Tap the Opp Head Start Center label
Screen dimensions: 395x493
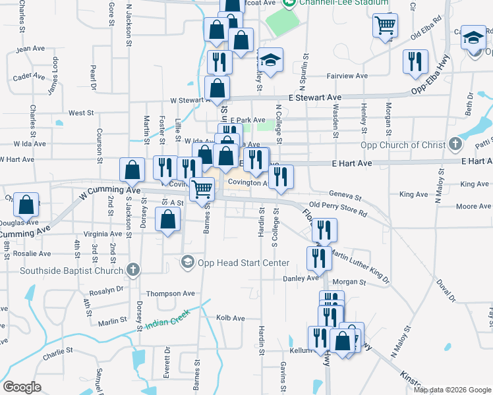click(244, 263)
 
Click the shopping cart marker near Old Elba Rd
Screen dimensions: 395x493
click(386, 26)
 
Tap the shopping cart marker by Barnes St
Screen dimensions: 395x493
click(202, 189)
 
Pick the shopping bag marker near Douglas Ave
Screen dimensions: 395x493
click(26, 205)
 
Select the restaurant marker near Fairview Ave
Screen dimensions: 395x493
click(415, 61)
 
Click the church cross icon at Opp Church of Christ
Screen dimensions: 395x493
click(455, 144)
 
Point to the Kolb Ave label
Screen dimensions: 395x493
click(231, 318)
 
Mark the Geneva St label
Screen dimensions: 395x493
click(345, 196)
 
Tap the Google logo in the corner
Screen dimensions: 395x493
click(22, 387)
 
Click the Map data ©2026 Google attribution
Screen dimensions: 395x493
click(452, 390)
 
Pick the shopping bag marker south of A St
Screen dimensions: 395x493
click(168, 219)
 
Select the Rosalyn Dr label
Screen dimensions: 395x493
click(106, 289)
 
